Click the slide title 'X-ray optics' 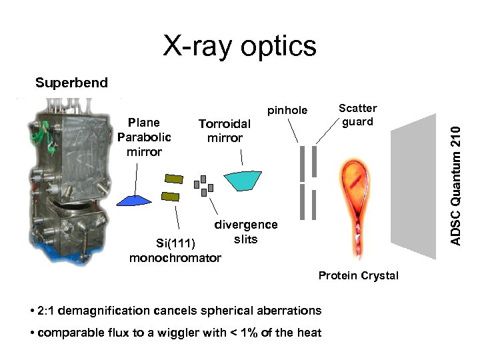tap(240, 46)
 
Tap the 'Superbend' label tap(71, 83)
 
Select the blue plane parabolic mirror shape tap(136, 199)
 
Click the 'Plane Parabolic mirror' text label tap(144, 137)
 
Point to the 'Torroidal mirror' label tap(225, 131)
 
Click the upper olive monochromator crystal tap(173, 179)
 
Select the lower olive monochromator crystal tap(171, 196)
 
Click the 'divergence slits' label tap(245, 232)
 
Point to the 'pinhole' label tap(287, 110)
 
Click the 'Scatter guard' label tap(358, 115)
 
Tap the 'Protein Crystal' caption tap(358, 276)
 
